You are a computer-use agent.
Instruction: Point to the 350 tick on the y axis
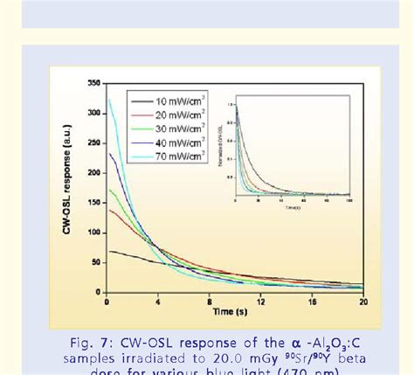(93, 83)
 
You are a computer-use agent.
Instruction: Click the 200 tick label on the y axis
(93, 173)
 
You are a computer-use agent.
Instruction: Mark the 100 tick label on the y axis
(93, 233)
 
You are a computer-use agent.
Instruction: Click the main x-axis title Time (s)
(232, 311)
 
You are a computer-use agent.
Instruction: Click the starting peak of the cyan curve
(107, 100)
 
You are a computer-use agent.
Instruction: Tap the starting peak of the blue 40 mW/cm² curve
(108, 155)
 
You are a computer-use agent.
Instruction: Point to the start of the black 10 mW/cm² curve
(107, 251)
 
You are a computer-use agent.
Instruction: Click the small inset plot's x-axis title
(293, 209)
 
